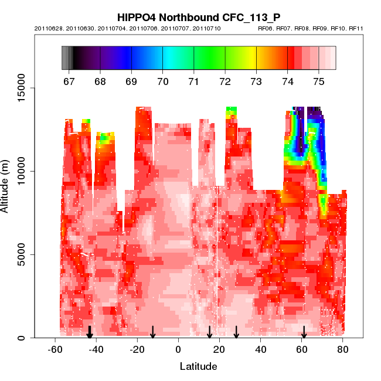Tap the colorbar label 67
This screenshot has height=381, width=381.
69,81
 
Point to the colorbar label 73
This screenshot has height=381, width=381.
256,81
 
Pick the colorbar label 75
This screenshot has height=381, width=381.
318,81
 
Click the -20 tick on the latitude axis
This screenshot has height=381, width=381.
137,350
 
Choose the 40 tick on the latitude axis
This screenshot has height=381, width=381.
260,350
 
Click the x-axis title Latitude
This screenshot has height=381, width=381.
198,367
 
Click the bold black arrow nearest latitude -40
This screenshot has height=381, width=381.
90,332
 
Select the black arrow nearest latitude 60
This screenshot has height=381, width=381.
304,332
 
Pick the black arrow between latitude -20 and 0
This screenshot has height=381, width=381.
152,332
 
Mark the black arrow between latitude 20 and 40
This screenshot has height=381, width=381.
236,332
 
